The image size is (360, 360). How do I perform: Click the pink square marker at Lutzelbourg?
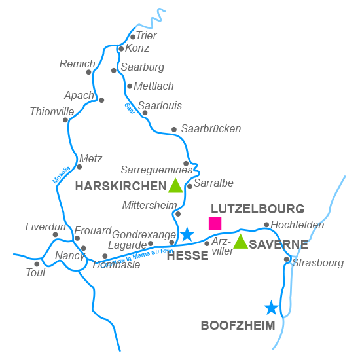click(x=215, y=223)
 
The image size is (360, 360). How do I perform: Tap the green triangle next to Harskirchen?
click(x=175, y=186)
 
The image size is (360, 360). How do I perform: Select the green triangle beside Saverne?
click(x=241, y=242)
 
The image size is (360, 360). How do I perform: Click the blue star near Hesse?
click(x=187, y=234)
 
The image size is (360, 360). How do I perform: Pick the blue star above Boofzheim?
click(x=270, y=307)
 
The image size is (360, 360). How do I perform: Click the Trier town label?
click(x=147, y=36)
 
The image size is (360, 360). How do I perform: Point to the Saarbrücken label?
click(x=211, y=129)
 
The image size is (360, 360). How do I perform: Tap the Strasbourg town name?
click(x=318, y=263)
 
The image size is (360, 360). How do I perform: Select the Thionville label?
click(x=52, y=112)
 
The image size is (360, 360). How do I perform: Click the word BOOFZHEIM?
click(x=238, y=325)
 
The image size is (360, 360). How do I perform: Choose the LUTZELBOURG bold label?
click(x=258, y=209)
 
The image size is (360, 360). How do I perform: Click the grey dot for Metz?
click(x=79, y=166)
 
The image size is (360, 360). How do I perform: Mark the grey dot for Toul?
click(x=37, y=264)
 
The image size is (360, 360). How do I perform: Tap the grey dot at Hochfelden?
click(x=266, y=225)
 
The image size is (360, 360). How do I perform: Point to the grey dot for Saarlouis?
click(x=145, y=113)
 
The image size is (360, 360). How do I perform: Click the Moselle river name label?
click(x=62, y=173)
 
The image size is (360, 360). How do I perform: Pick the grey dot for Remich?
click(x=89, y=72)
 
